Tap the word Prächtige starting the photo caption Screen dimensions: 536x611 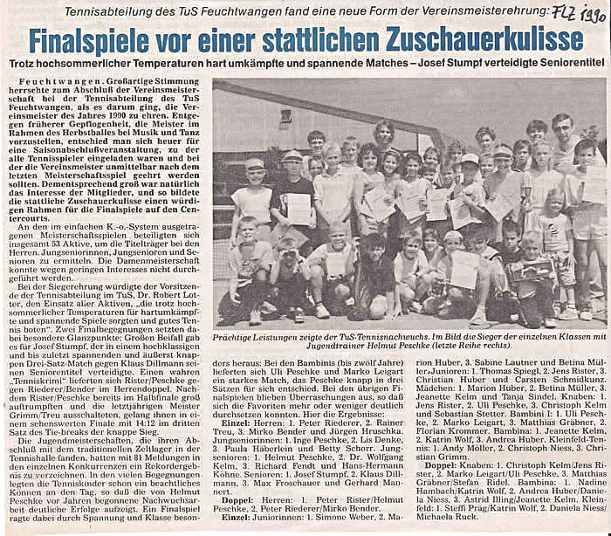239,335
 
